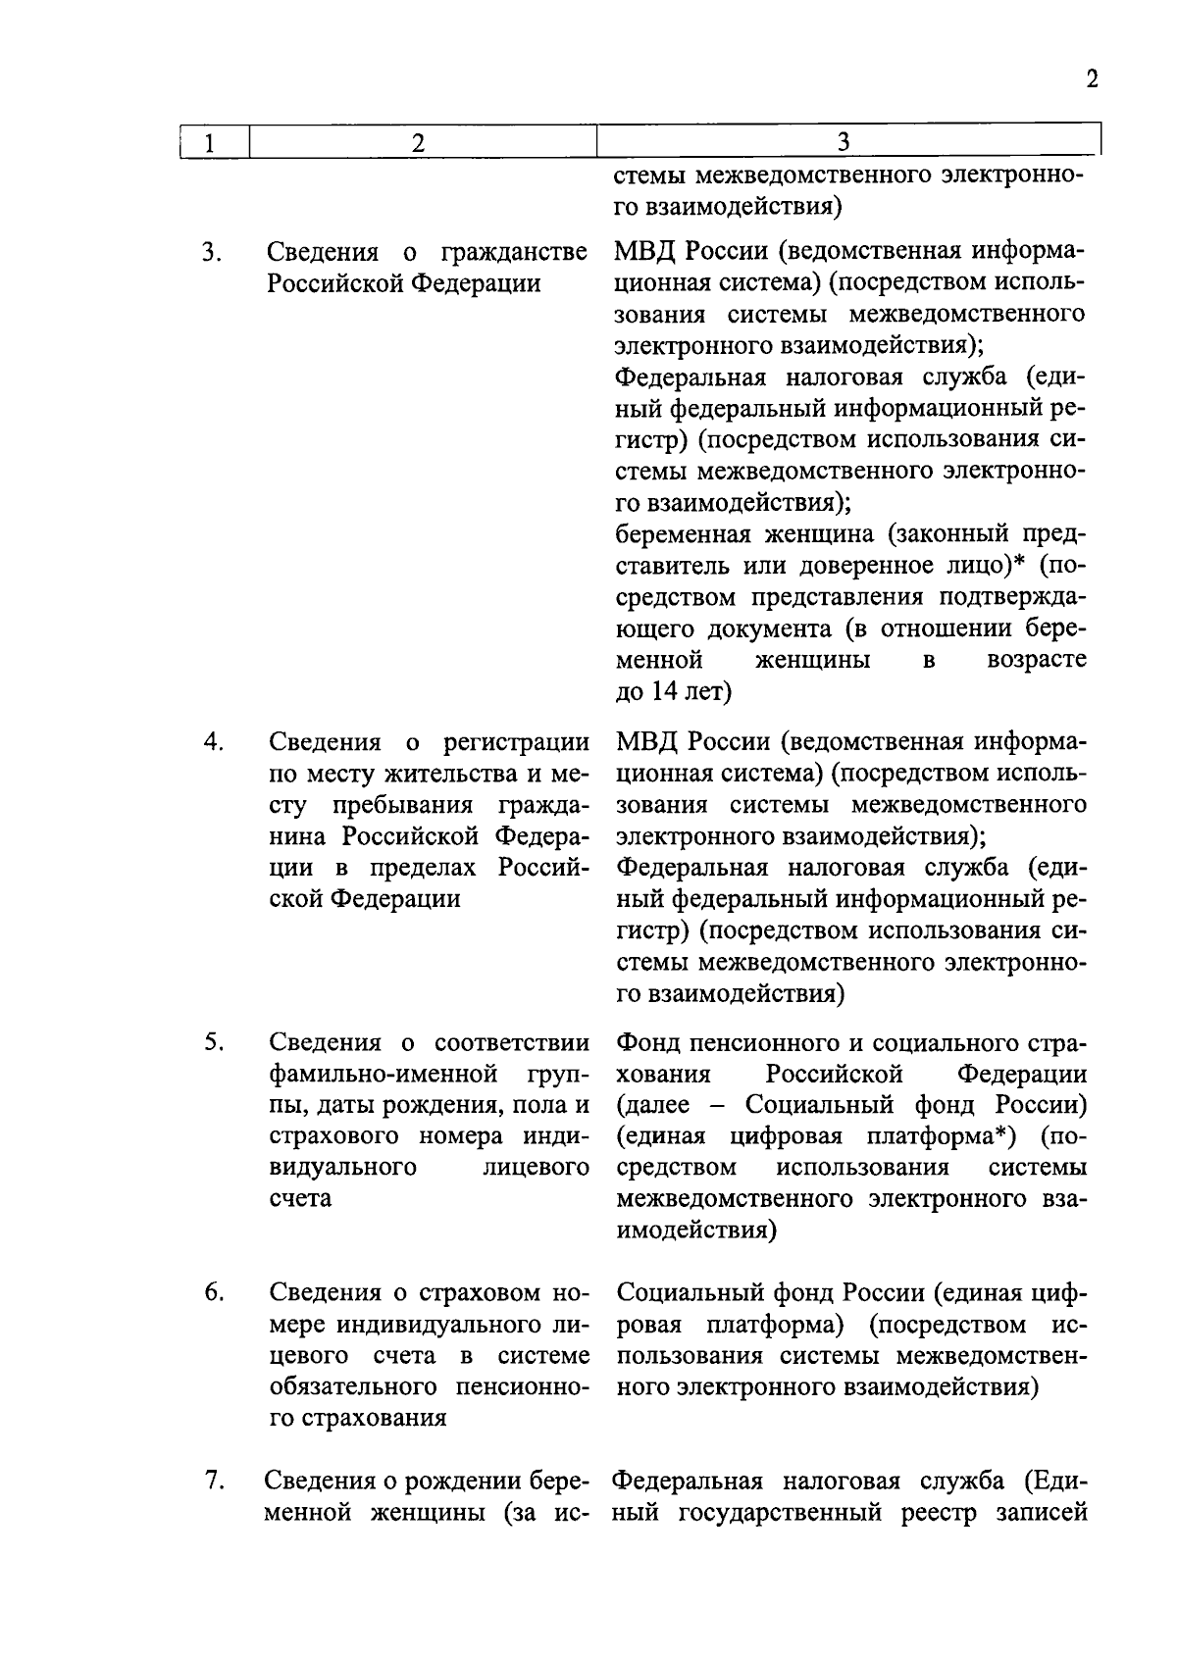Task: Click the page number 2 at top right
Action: (x=1092, y=79)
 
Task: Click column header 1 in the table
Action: (x=209, y=143)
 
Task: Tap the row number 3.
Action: (x=211, y=252)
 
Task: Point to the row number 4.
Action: (x=213, y=742)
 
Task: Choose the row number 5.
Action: (x=213, y=1041)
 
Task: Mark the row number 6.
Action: (x=213, y=1293)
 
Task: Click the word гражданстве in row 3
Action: (x=514, y=253)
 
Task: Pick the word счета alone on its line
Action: (x=300, y=1199)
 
